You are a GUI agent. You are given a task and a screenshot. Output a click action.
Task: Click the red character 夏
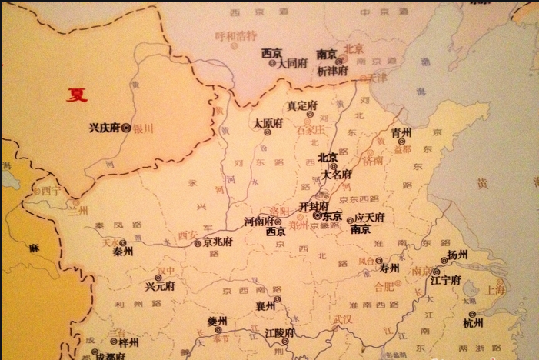pyautogui.click(x=77, y=95)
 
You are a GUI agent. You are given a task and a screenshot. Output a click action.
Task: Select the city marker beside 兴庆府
pyautogui.click(x=125, y=128)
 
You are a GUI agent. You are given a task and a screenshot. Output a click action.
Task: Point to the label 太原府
pyautogui.click(x=268, y=122)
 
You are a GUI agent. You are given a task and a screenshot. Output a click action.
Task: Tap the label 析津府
pyautogui.click(x=332, y=70)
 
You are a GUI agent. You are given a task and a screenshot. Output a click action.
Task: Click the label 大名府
pyautogui.click(x=336, y=175)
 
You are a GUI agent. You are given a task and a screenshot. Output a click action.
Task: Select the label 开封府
pyautogui.click(x=314, y=207)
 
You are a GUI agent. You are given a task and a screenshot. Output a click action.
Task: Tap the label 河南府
pyautogui.click(x=258, y=222)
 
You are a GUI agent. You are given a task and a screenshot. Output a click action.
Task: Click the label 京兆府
pyautogui.click(x=218, y=242)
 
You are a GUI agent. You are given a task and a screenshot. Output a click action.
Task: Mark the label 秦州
pyautogui.click(x=122, y=252)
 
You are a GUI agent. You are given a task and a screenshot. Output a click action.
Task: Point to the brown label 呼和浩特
pyautogui.click(x=236, y=35)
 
